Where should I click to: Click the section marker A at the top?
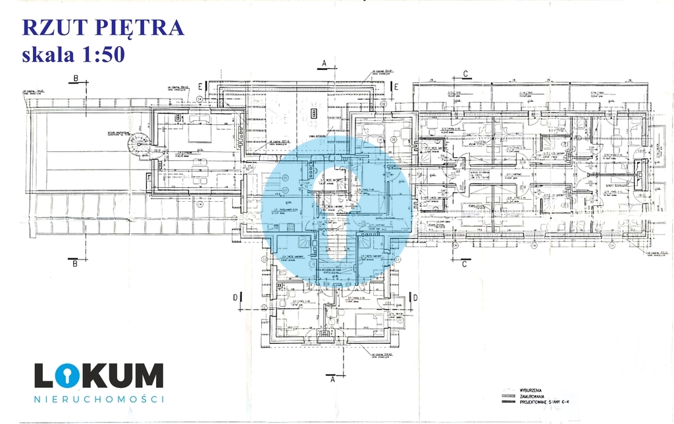point(323,64)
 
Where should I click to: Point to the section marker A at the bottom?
point(332,379)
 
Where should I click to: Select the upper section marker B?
point(76,79)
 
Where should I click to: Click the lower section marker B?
point(76,264)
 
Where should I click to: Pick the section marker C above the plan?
point(465,74)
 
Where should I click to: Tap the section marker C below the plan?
point(465,264)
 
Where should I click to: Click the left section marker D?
point(235,297)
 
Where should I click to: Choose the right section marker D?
point(415,297)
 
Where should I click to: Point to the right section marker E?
point(398,85)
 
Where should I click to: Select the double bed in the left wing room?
point(197,133)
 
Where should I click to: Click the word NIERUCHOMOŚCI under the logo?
point(99,398)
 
